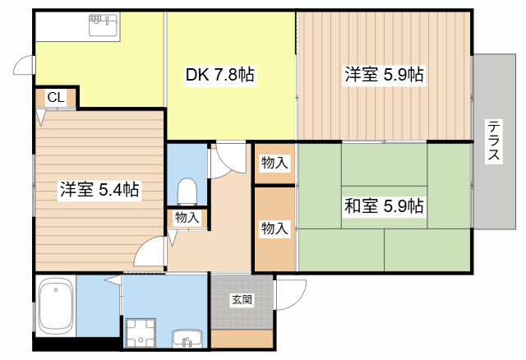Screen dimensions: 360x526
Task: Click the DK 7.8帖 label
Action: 219,76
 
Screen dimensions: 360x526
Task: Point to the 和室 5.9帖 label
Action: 384,205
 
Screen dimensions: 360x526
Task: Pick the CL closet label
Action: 55,98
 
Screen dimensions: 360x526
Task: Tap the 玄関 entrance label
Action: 242,300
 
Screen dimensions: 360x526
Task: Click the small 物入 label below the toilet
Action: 187,218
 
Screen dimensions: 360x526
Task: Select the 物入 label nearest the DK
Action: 275,163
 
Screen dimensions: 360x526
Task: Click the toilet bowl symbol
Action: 187,191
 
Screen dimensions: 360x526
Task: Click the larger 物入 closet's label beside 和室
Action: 275,228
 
